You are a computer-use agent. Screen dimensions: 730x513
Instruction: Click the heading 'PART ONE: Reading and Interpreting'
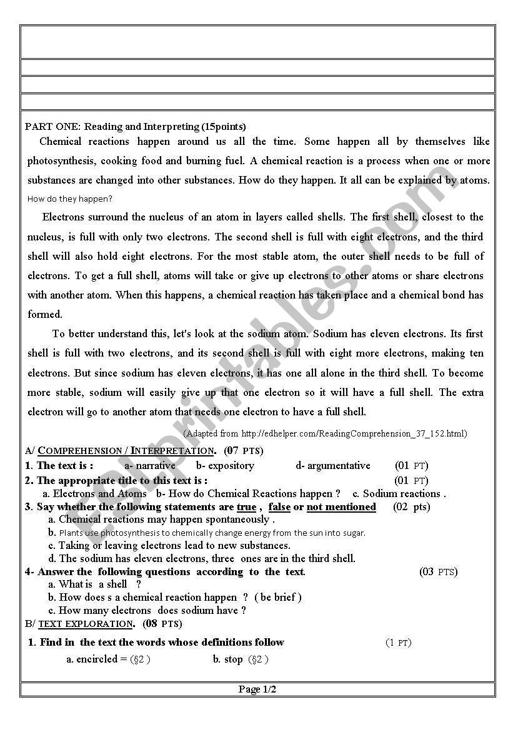tap(135, 126)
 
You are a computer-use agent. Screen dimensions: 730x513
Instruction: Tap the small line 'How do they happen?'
tap(70, 199)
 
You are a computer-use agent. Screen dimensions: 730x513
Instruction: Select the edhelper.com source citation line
tap(325, 433)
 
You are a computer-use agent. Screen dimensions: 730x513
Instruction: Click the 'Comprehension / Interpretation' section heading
tap(126, 450)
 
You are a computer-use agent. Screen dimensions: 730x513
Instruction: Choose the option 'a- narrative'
tap(150, 465)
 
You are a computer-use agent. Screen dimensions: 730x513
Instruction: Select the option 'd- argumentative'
tap(333, 465)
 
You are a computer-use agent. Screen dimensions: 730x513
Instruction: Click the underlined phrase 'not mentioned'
tap(341, 506)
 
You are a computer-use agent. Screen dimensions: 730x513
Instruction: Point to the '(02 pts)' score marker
tap(411, 506)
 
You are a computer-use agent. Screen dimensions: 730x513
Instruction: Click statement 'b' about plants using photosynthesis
tap(207, 533)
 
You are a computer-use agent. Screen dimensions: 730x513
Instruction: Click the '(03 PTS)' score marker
tap(438, 571)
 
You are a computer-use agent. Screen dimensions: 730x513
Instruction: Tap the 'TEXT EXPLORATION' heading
tap(86, 623)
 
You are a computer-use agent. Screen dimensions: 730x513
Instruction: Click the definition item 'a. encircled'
tap(108, 659)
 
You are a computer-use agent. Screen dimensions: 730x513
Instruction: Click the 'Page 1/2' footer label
tap(257, 689)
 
